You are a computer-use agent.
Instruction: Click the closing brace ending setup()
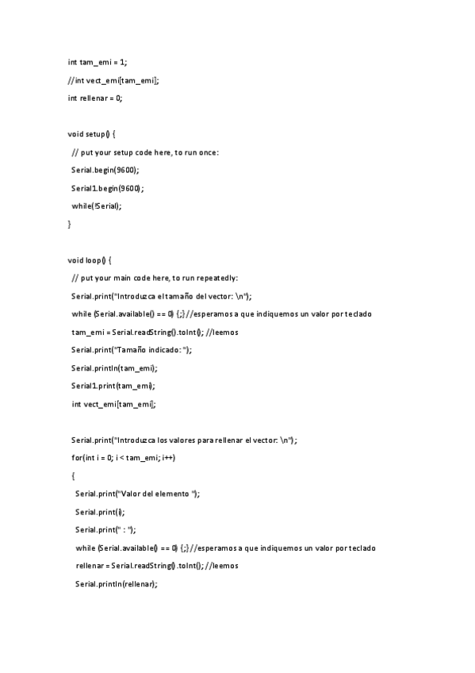70,225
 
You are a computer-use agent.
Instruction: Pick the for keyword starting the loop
76,458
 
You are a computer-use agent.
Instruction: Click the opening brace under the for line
73,476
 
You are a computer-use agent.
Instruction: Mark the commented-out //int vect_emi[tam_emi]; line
113,80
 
